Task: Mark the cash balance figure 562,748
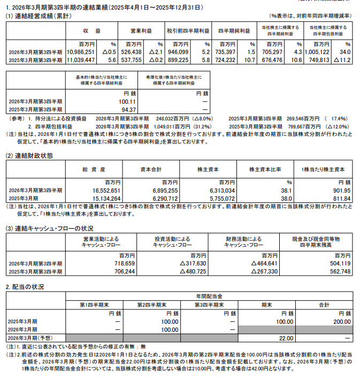tap(337, 272)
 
